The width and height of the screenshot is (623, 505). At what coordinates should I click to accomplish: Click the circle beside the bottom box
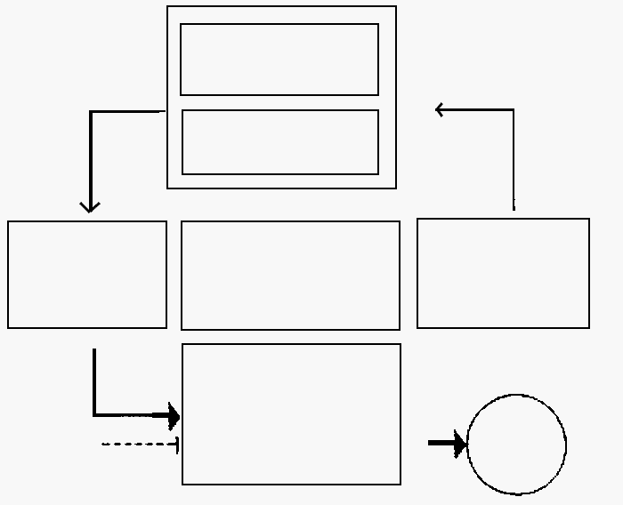click(516, 444)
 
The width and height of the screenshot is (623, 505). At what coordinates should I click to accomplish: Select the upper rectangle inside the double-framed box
click(279, 60)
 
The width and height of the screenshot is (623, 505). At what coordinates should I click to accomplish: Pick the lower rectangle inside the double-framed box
click(280, 142)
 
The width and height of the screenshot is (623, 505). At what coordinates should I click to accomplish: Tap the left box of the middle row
click(87, 275)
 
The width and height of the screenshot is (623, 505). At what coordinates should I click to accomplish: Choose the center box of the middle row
click(290, 276)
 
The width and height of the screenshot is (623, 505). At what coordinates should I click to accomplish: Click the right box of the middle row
click(503, 273)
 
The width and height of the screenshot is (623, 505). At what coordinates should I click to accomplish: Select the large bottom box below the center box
click(291, 414)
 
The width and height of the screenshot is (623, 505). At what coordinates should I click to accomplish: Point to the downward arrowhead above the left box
click(90, 207)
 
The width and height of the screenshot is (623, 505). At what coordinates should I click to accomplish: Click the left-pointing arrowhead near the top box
click(440, 109)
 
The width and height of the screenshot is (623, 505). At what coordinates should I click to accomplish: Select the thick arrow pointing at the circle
click(447, 443)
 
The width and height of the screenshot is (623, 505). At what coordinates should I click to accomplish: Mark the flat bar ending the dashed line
click(178, 444)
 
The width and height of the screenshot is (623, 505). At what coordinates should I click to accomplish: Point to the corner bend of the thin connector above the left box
click(91, 112)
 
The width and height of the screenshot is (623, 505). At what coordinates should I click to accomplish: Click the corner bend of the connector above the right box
click(514, 110)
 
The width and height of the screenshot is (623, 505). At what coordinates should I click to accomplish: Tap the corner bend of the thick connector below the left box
click(94, 414)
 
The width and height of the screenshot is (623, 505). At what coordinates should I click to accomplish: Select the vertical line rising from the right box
click(514, 160)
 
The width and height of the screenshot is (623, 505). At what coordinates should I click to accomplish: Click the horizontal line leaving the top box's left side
click(129, 112)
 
